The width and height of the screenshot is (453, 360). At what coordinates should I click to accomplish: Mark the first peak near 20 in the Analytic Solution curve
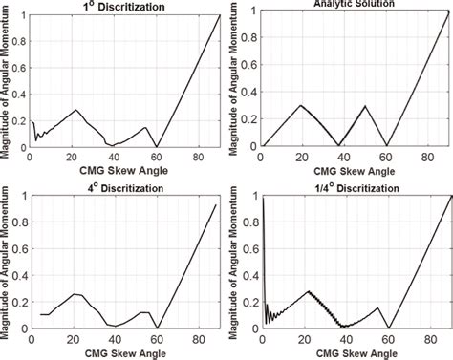tap(302, 105)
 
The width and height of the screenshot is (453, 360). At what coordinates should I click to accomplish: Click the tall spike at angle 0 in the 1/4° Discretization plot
tap(263, 197)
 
